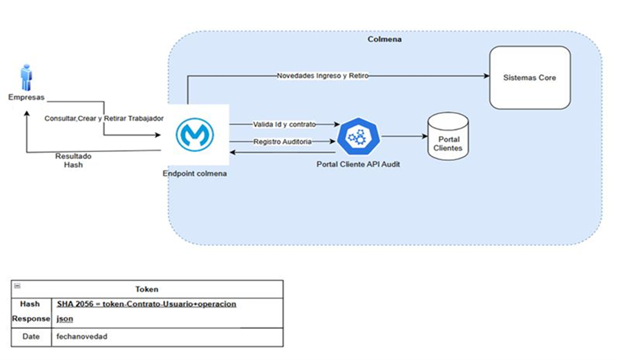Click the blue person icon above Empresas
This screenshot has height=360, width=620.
26,77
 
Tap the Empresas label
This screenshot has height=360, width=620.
26,97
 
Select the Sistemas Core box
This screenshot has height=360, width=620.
530,77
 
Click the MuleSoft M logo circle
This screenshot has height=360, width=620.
195,134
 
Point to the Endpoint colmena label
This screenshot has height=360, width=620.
194,173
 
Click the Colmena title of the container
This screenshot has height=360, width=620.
384,39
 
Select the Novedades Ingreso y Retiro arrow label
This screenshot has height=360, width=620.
322,75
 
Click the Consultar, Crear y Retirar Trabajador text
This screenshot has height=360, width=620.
104,118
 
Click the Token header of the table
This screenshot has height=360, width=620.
147,289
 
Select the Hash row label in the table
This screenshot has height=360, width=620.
30,304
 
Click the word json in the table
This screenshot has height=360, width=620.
64,319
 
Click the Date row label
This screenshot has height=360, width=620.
30,337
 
